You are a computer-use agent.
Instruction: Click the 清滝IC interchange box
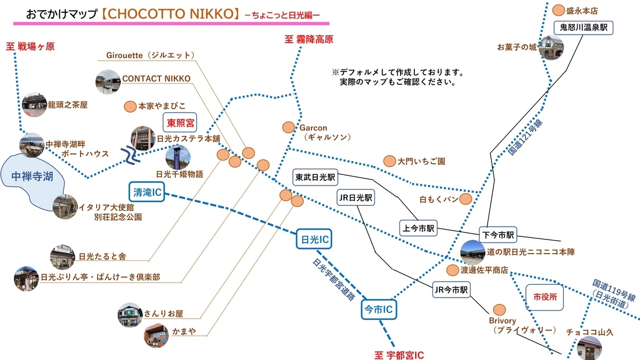[146, 193]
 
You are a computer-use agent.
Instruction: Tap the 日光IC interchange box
[314, 241]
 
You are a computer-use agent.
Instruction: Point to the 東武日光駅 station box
[316, 176]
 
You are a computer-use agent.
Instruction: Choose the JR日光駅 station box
[356, 197]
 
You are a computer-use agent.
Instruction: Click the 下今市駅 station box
[499, 234]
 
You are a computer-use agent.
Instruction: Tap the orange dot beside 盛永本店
[558, 10]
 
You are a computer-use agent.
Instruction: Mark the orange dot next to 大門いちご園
[389, 161]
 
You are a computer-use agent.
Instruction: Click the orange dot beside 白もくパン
[466, 199]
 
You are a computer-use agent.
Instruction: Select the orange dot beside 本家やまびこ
[129, 106]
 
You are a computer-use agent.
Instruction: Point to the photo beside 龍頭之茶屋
[35, 105]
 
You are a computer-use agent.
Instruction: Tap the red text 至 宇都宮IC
[399, 354]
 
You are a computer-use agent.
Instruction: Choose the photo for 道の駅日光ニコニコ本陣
[472, 252]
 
